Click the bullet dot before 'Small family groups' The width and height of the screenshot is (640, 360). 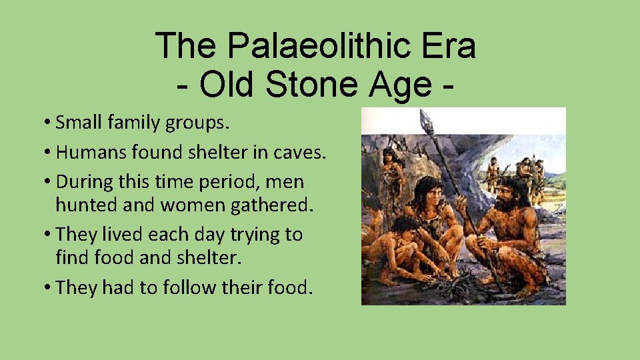48,123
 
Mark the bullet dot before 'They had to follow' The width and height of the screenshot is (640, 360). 48,288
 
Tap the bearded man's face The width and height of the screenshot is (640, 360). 508,192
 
